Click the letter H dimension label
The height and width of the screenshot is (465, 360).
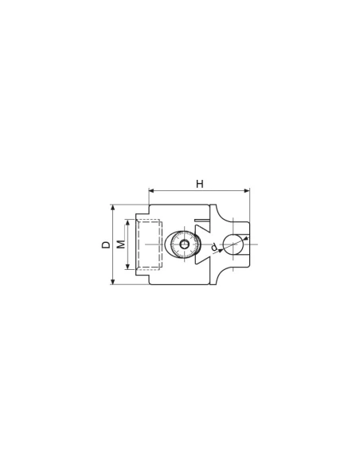(200, 184)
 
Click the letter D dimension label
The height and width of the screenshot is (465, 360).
(106, 244)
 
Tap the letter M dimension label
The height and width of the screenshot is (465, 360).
(121, 244)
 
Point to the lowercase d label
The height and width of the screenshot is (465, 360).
(214, 247)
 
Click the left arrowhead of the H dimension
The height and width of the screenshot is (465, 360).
(151, 190)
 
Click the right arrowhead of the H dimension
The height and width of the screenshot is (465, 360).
(247, 190)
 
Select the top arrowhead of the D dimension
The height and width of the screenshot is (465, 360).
(112, 208)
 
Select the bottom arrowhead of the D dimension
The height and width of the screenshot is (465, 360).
(112, 281)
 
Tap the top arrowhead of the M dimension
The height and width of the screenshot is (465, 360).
(127, 222)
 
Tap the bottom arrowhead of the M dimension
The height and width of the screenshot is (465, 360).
(127, 266)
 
